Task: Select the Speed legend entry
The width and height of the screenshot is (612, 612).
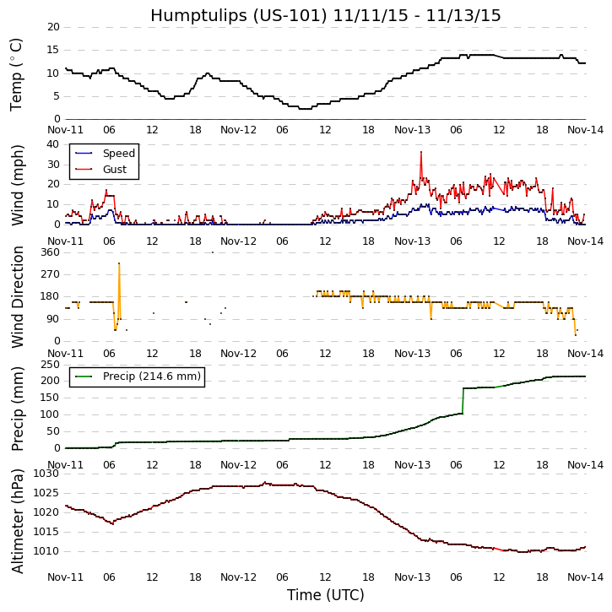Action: point(118,154)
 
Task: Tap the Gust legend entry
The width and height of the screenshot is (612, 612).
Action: point(114,170)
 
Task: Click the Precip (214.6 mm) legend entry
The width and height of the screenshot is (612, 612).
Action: point(151,376)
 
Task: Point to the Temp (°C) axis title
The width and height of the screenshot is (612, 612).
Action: point(17,74)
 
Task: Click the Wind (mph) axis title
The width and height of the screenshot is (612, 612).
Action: point(18,184)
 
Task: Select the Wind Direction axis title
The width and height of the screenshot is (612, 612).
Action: point(18,296)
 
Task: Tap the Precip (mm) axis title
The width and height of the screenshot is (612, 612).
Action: point(18,407)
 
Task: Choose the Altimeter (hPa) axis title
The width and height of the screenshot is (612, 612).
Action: point(18,521)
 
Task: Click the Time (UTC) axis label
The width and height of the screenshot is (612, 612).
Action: point(326,595)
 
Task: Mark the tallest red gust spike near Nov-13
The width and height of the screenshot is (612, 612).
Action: point(420,153)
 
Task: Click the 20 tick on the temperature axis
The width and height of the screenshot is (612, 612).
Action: point(53,27)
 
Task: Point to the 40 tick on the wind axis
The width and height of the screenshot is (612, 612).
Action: point(53,144)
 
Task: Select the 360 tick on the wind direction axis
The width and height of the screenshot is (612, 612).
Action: point(49,252)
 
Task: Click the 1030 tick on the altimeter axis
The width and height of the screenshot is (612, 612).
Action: point(46,474)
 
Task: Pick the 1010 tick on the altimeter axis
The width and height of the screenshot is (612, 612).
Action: point(46,551)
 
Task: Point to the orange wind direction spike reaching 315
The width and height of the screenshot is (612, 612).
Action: point(119,264)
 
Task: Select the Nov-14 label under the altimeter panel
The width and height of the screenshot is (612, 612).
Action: point(585,578)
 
